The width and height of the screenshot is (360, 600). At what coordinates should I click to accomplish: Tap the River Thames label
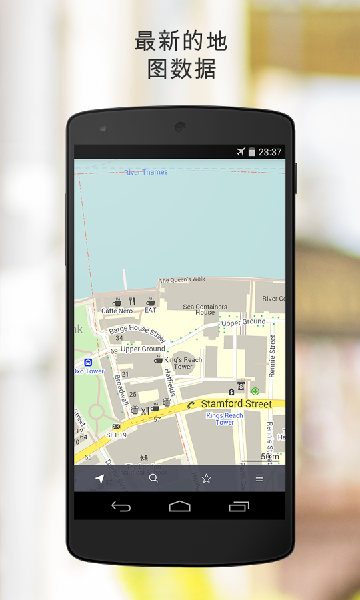coord(146,173)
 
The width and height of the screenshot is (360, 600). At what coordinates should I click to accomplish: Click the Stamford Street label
coord(236,404)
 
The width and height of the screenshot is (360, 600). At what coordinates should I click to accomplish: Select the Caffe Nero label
coord(117,311)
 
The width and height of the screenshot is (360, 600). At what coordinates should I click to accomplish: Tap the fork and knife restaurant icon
coord(132,301)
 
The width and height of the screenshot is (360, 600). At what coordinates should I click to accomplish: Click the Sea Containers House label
coord(205,310)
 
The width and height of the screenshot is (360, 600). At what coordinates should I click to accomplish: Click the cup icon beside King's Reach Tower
coord(159,359)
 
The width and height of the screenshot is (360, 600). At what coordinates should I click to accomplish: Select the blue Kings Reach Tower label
coord(225,419)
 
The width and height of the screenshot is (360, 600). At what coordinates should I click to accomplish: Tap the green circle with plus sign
coord(255,391)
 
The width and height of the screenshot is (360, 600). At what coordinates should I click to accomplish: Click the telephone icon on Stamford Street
coord(191,405)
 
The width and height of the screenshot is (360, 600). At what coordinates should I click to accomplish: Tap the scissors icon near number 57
coord(144,410)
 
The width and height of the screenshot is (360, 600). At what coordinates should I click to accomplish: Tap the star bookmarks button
coord(207,479)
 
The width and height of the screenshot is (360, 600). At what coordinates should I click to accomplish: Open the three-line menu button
coord(259,479)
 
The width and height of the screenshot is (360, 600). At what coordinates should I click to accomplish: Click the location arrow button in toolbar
coord(100,479)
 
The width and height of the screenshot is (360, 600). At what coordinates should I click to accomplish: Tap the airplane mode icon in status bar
coord(241,152)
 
